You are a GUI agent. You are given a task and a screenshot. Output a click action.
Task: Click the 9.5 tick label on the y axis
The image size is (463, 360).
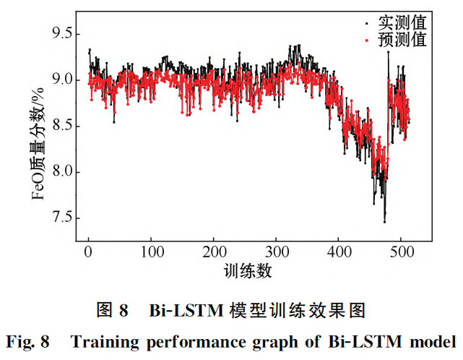[60, 33]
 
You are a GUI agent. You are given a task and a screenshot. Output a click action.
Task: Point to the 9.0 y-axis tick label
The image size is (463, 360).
[60, 80]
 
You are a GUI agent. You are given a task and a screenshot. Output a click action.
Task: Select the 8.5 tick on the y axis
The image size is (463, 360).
[60, 126]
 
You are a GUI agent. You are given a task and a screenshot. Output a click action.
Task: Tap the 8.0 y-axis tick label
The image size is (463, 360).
[60, 172]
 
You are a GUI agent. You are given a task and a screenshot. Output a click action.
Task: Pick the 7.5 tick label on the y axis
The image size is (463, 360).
[60, 218]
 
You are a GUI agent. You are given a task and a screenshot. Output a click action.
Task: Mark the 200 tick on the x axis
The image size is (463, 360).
[214, 253]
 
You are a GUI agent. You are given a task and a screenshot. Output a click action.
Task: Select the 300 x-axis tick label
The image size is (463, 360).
[277, 253]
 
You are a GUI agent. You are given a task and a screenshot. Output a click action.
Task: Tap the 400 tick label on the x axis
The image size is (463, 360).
[339, 253]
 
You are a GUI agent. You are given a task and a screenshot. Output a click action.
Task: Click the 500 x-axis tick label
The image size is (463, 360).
[402, 253]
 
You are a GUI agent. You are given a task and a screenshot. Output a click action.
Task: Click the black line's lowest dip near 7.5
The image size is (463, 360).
[384, 221]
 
